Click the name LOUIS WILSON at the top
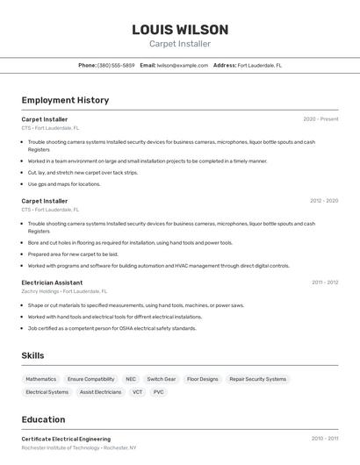coord(180,30)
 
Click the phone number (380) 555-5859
coord(116,65)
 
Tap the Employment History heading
coord(65,100)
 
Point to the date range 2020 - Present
coord(320,119)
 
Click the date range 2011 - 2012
coord(324,283)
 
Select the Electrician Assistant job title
coord(52,283)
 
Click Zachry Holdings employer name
coord(41,291)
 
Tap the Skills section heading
coord(32,355)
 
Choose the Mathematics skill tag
coord(40,379)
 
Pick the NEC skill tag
coord(131,379)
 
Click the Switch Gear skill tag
coord(162,379)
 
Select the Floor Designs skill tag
coord(203,379)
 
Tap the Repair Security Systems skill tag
coord(258,379)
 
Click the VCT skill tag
coord(137,392)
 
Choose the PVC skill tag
coord(159,392)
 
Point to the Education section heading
coord(43,419)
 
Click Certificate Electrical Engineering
coord(66,439)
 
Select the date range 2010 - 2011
coord(324,439)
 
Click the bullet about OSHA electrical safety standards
coord(112,328)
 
